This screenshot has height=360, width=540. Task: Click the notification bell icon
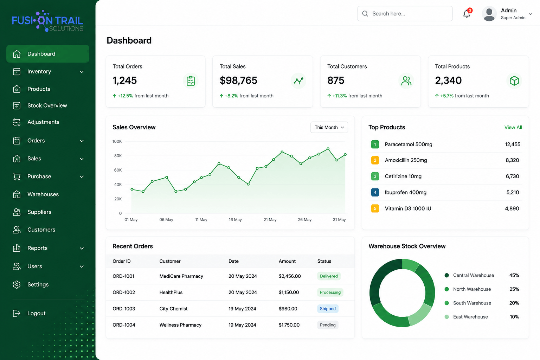(467, 13)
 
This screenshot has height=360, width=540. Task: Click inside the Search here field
(405, 13)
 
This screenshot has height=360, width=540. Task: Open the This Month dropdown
(329, 127)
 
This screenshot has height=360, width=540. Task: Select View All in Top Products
(513, 127)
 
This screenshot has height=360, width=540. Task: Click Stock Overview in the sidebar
(47, 105)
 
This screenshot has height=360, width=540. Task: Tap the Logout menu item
(36, 313)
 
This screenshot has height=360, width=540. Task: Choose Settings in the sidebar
(38, 284)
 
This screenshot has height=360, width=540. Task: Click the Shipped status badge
(328, 309)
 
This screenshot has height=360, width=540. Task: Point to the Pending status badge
(328, 325)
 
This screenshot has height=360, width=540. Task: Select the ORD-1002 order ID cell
(124, 292)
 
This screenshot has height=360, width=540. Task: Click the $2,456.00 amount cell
(290, 276)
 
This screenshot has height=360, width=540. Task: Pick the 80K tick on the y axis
(118, 156)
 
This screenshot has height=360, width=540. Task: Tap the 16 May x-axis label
(235, 220)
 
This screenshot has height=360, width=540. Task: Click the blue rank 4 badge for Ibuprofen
(375, 192)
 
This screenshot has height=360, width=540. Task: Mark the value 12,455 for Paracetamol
(513, 144)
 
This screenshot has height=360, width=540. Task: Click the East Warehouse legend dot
(447, 317)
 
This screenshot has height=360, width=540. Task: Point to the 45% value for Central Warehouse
(514, 275)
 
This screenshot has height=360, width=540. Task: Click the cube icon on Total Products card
(514, 81)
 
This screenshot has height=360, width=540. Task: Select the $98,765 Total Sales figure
(238, 80)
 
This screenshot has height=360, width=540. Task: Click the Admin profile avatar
(489, 13)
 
